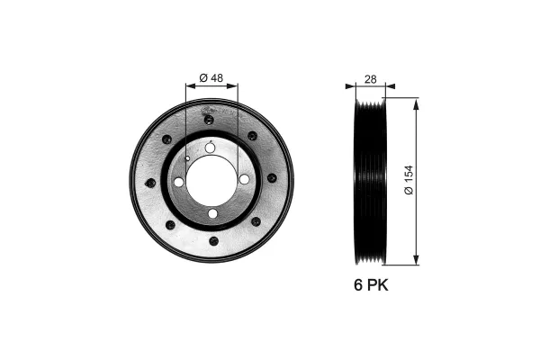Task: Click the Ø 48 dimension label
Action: tap(211, 77)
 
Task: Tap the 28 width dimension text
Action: tap(371, 79)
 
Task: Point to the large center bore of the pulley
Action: tap(211, 180)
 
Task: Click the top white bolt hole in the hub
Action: tap(211, 148)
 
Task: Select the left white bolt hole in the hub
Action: tap(179, 182)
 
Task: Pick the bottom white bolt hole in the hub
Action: tap(212, 213)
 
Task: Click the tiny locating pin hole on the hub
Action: tap(187, 158)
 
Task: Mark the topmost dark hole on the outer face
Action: tap(209, 119)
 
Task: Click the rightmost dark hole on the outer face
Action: tap(272, 178)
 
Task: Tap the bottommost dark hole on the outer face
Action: tap(213, 240)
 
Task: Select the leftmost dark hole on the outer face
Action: tap(149, 183)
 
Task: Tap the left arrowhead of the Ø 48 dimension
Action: tap(189, 86)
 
